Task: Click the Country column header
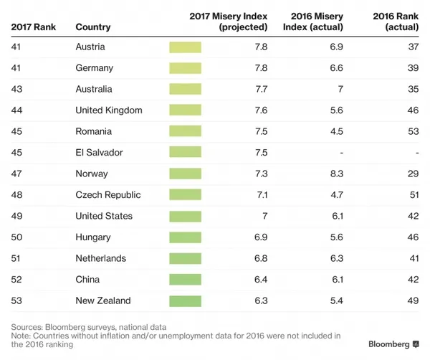(93, 27)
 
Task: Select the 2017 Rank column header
(33, 27)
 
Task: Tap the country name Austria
(90, 47)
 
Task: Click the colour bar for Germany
(185, 68)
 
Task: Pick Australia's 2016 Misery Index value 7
(340, 89)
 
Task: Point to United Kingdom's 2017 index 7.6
(261, 110)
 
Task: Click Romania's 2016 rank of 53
(413, 131)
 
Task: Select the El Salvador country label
(99, 153)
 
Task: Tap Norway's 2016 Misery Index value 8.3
(337, 174)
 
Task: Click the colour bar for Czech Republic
(185, 195)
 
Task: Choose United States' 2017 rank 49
(16, 216)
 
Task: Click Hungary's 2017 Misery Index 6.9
(261, 237)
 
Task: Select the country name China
(87, 280)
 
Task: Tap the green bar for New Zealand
(185, 301)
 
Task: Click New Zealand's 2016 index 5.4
(337, 300)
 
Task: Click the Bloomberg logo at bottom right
(393, 344)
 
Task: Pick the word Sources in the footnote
(27, 327)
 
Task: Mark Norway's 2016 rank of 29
(413, 174)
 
